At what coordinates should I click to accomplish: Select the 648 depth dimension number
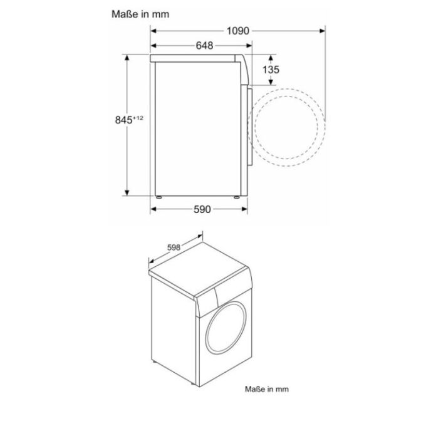[x=204, y=45]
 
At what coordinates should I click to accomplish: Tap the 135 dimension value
[x=271, y=70]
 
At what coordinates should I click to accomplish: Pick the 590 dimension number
[x=201, y=209]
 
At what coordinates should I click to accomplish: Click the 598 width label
[x=174, y=248]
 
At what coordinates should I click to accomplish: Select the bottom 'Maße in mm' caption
[x=266, y=388]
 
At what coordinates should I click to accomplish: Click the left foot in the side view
[x=159, y=197]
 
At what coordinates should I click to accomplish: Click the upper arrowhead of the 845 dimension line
[x=128, y=57]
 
